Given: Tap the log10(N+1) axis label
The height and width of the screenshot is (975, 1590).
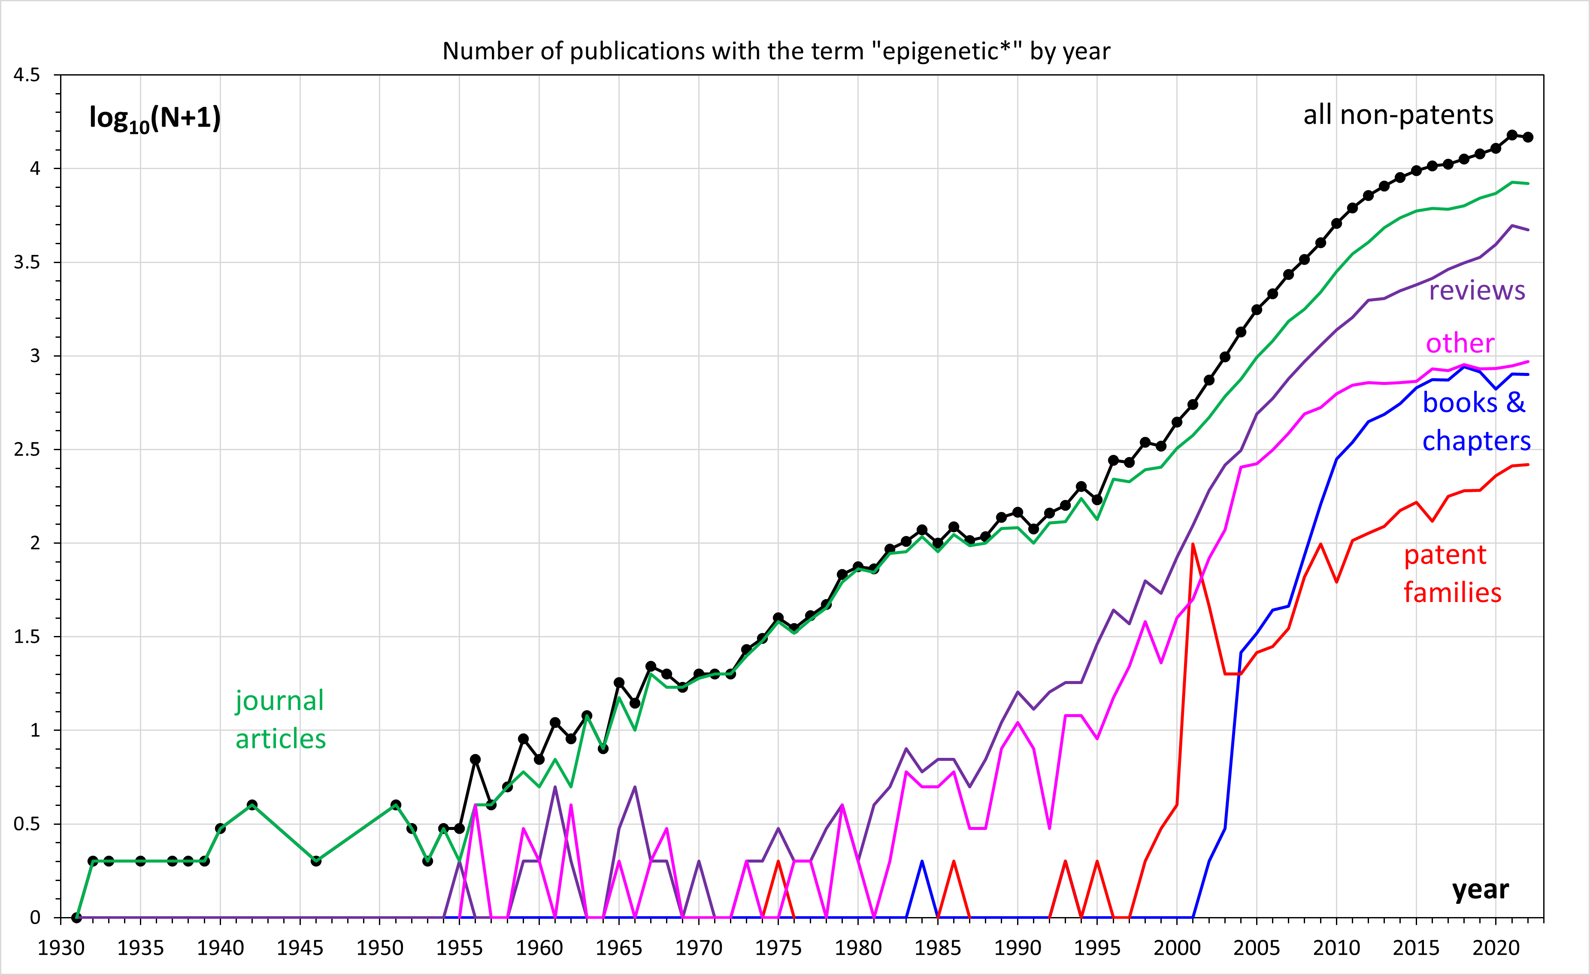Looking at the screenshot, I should pyautogui.click(x=155, y=118).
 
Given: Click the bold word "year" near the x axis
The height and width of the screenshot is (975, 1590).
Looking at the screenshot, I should pyautogui.click(x=1480, y=890).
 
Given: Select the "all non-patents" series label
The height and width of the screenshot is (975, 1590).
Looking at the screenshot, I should pyautogui.click(x=1398, y=115).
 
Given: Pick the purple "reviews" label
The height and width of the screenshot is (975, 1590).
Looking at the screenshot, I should pyautogui.click(x=1476, y=291).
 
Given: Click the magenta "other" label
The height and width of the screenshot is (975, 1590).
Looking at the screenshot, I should pyautogui.click(x=1460, y=343).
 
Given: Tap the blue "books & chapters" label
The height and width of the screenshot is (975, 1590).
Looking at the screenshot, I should pyautogui.click(x=1476, y=421).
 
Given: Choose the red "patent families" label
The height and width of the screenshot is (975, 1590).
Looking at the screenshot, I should pyautogui.click(x=1452, y=573).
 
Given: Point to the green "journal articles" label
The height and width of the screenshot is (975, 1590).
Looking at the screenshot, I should pyautogui.click(x=280, y=720).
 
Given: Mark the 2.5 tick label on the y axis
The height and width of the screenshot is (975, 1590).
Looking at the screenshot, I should pyautogui.click(x=27, y=449).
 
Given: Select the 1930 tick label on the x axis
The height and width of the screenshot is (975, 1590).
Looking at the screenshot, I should pyautogui.click(x=61, y=948).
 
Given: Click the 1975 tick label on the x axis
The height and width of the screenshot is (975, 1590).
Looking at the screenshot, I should pyautogui.click(x=778, y=948).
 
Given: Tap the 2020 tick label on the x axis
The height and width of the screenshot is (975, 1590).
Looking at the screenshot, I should pyautogui.click(x=1496, y=948).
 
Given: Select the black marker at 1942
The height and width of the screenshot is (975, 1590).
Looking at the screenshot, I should pyautogui.click(x=252, y=805).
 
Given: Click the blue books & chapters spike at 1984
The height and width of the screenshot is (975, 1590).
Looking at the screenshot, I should pyautogui.click(x=921, y=861).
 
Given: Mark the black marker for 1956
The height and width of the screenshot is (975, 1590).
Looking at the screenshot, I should pyautogui.click(x=475, y=760).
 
